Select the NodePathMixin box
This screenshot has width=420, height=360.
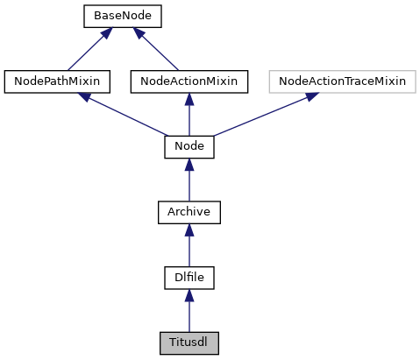pyautogui.click(x=58, y=81)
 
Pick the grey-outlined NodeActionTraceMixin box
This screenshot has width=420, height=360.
pyautogui.click(x=342, y=81)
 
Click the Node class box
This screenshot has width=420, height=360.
pyautogui.click(x=189, y=146)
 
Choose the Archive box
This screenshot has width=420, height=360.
pyautogui.click(x=189, y=211)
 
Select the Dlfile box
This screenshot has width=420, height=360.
pyautogui.click(x=189, y=277)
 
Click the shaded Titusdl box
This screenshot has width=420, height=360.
pyautogui.click(x=189, y=342)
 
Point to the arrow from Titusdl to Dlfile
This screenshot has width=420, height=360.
pyautogui.click(x=189, y=314)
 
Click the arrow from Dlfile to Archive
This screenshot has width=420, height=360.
pyautogui.click(x=189, y=248)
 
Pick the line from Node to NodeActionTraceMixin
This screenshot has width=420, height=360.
pyautogui.click(x=263, y=115)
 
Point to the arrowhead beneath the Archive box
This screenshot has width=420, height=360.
pyautogui.click(x=189, y=229)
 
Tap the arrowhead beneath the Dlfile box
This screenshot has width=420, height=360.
pyautogui.click(x=189, y=294)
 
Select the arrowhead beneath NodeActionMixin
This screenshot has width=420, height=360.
pyautogui.click(x=189, y=98)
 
